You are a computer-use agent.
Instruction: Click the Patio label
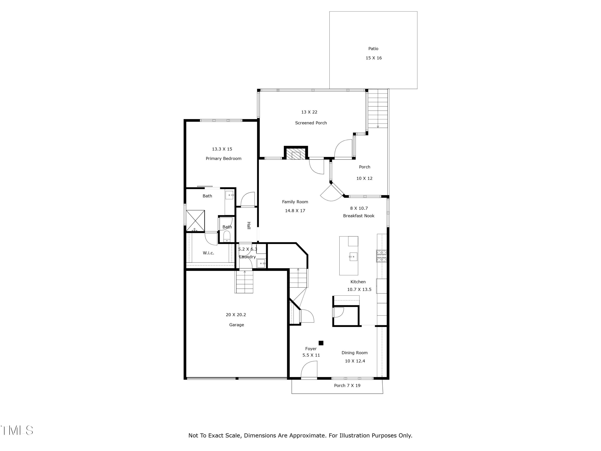click(373, 49)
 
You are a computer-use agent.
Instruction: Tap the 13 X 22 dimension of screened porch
click(309, 112)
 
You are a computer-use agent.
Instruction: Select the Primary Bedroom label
click(223, 159)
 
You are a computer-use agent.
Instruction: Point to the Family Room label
click(295, 202)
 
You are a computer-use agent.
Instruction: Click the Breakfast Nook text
click(358, 216)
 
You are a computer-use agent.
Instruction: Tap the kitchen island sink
click(353, 257)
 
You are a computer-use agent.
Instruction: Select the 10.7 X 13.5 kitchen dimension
click(359, 289)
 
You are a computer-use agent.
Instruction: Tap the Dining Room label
click(354, 353)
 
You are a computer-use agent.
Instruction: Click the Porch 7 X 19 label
click(347, 385)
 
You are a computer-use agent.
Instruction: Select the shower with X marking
click(195, 220)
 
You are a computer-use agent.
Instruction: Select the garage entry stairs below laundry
click(244, 282)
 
